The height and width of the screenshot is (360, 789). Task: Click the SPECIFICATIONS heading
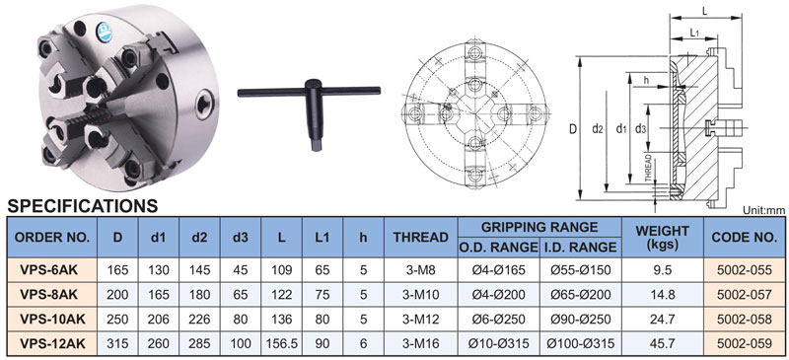[x=83, y=206]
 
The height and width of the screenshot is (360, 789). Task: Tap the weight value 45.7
[x=663, y=344]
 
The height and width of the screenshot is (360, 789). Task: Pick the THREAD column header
[x=421, y=237]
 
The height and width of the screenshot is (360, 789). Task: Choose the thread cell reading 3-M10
[x=421, y=295]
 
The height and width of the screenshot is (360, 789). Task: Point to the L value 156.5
[x=282, y=344]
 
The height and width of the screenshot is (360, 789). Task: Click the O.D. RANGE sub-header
[x=498, y=248]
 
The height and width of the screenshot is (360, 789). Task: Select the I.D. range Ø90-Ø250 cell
[x=581, y=320]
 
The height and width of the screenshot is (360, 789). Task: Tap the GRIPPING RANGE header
[x=539, y=227]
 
